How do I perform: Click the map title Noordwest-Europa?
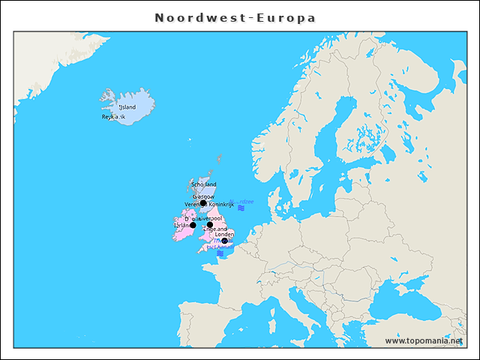point(235,18)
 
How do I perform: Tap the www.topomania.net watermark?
point(424,340)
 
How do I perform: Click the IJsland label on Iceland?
point(127,106)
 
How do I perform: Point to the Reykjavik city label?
point(113,117)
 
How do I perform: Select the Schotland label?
point(203,184)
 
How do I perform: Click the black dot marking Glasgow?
point(203,202)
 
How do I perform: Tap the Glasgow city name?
point(203,196)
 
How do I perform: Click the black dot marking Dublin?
point(193,225)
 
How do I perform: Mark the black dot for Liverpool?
point(210,225)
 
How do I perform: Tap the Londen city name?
point(224,234)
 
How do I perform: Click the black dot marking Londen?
point(224,241)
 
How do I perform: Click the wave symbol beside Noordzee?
point(241,209)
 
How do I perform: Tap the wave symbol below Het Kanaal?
point(220,253)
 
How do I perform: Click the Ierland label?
point(182,225)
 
